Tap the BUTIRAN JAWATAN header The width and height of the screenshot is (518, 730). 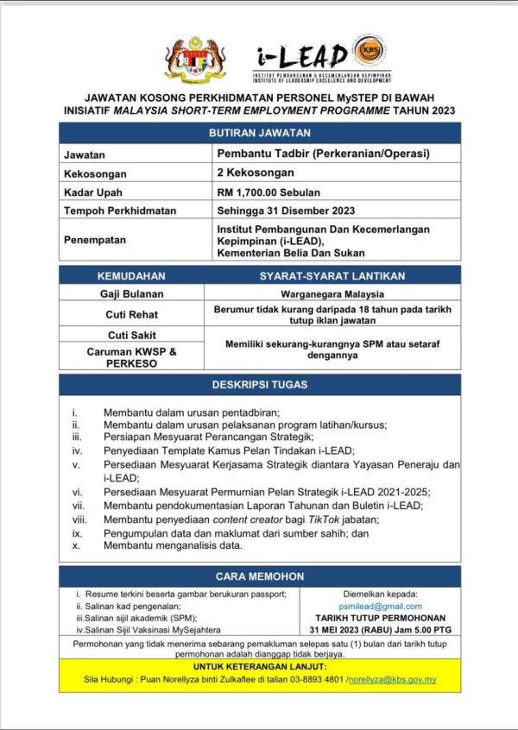tap(259, 133)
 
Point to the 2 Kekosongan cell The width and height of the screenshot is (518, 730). tap(257, 173)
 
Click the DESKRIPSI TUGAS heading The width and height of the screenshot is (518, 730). tap(259, 384)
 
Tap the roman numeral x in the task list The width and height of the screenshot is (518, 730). tap(76, 546)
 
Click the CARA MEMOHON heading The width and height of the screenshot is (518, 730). tap(259, 576)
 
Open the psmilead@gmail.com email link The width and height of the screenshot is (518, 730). tap(381, 607)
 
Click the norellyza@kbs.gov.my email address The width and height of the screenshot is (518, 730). tap(393, 679)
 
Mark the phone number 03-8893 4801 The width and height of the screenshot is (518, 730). tap(315, 679)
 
